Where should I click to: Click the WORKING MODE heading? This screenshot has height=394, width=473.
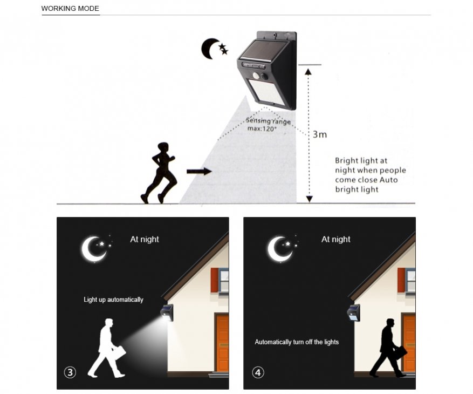70,9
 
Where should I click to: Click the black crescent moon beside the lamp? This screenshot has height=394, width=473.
208,49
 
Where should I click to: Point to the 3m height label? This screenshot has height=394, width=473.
320,134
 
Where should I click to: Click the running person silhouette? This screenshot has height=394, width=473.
159,173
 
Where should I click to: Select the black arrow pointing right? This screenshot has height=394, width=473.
199,172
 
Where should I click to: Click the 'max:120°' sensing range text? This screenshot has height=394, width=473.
262,129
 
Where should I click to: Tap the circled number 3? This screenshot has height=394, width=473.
70,372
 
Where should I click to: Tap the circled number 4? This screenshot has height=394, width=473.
258,372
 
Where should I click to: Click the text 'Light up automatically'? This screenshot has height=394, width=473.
113,300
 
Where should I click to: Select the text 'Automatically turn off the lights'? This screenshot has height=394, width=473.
297,342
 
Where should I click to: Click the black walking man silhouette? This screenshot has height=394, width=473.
388,348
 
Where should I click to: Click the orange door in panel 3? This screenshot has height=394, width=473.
223,343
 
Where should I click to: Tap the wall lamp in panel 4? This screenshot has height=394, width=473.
353,313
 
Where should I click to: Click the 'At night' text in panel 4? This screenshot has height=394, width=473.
336,240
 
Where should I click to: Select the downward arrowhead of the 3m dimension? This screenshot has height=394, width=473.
309,199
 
